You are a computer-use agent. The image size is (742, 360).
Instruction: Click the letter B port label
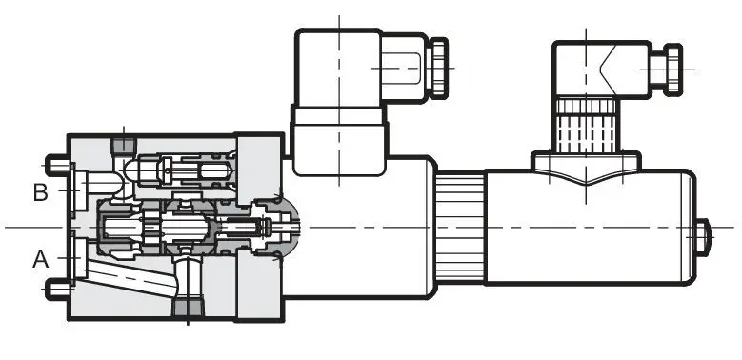click(x=41, y=192)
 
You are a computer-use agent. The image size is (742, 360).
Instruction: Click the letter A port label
click(x=41, y=259)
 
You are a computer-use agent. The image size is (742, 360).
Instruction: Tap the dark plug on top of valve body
click(x=124, y=145)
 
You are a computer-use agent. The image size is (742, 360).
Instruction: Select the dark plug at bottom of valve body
click(x=188, y=308)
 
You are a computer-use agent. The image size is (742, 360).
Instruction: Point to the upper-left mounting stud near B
click(x=58, y=166)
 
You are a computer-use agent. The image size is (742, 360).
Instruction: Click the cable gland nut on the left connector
click(x=438, y=68)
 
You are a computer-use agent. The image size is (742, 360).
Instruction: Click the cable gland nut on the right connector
click(x=672, y=70)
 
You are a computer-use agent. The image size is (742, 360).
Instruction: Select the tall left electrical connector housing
click(x=338, y=68)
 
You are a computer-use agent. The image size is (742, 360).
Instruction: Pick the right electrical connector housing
click(x=601, y=70)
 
